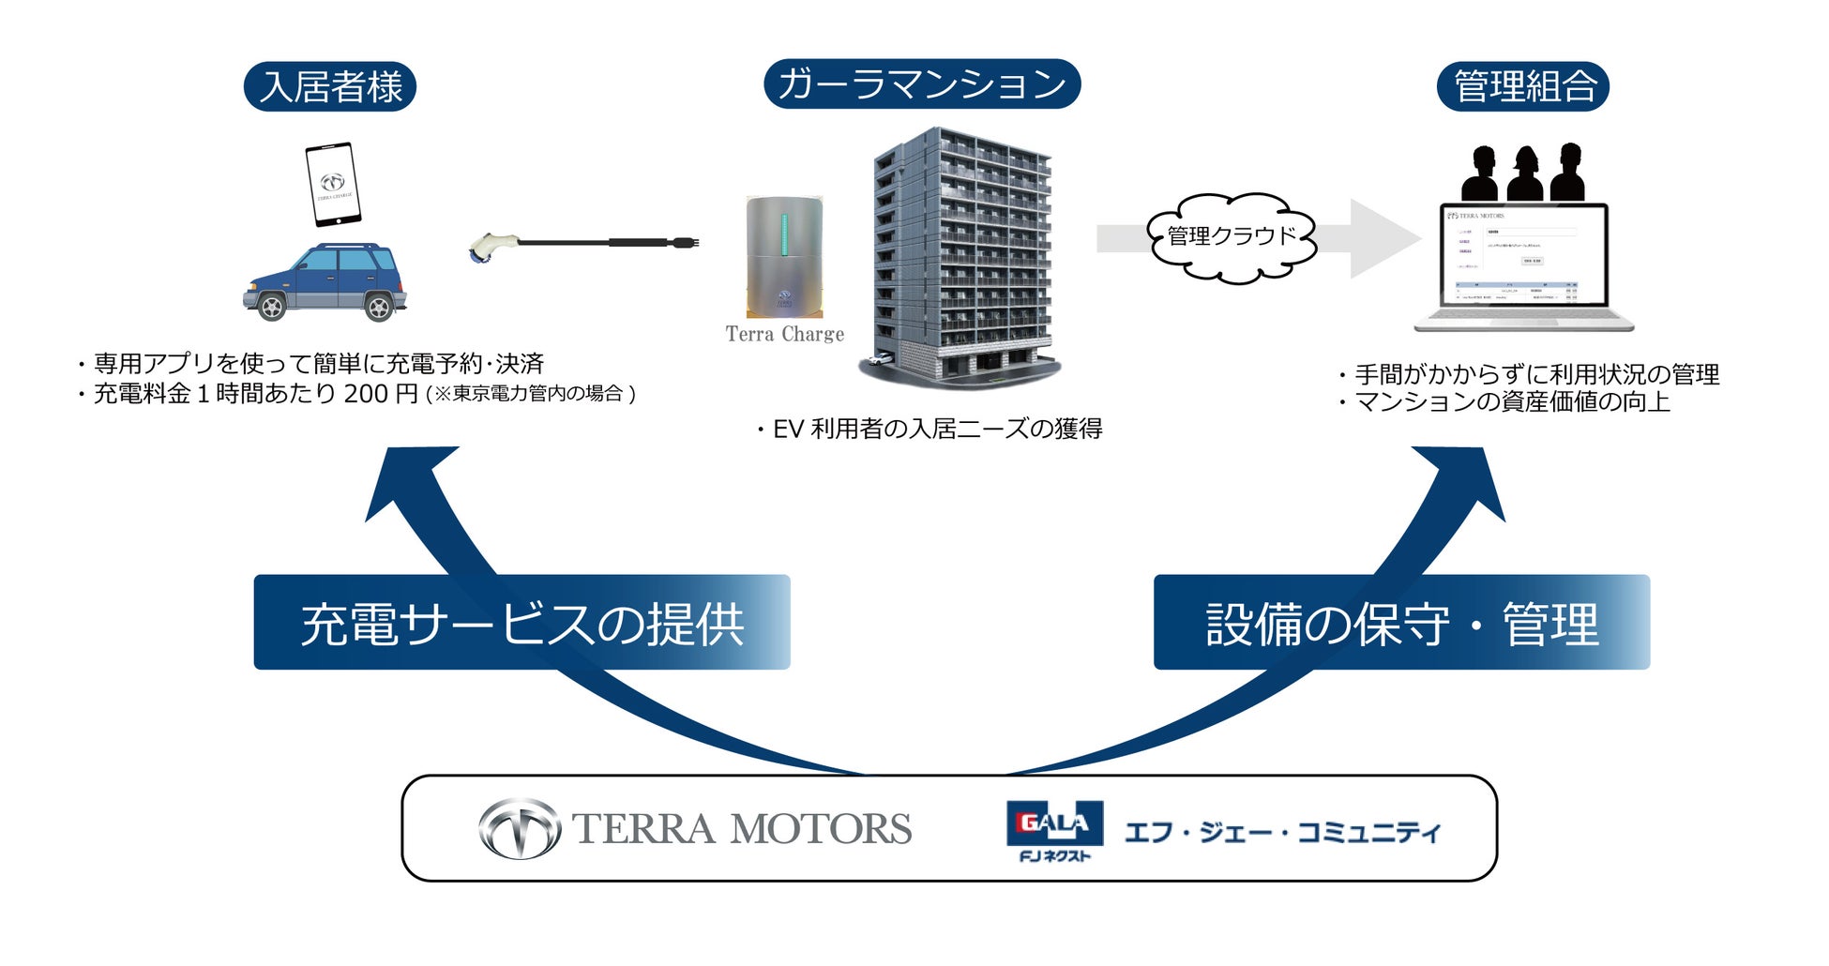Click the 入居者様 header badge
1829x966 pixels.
(x=329, y=87)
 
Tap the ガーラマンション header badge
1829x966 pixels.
(x=922, y=84)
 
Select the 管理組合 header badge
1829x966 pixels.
(x=1523, y=87)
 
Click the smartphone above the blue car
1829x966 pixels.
(x=333, y=185)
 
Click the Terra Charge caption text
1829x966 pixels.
(x=784, y=335)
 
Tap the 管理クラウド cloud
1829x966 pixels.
(x=1231, y=237)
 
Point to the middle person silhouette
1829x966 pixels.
(x=1525, y=174)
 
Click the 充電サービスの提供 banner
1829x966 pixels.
(x=521, y=623)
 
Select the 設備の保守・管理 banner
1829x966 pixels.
(x=1401, y=623)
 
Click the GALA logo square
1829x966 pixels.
(x=1054, y=824)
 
